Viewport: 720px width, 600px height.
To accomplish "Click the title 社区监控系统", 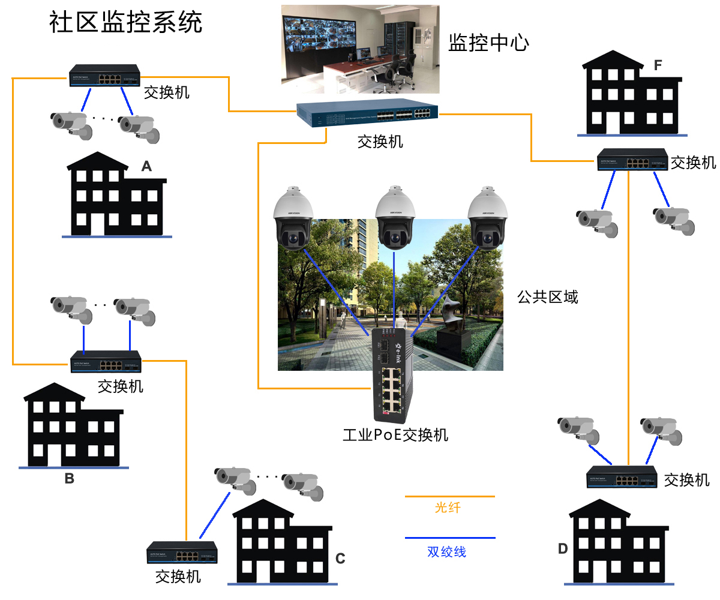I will [x=126, y=22].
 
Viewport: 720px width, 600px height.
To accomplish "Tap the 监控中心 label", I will [x=489, y=43].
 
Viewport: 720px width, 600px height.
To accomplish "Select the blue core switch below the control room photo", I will [x=367, y=113].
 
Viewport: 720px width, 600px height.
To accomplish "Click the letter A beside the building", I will [x=146, y=166].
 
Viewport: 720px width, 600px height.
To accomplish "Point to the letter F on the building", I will [x=658, y=65].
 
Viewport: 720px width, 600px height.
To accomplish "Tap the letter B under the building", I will [x=70, y=478].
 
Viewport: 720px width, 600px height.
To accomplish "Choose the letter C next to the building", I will [x=340, y=559].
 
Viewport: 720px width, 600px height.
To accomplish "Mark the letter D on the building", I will [x=562, y=548].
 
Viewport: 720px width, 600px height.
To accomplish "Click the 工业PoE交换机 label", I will [x=395, y=434].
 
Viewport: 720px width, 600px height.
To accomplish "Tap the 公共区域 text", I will [x=548, y=296].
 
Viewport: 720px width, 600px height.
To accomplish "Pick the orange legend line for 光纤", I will [x=450, y=497].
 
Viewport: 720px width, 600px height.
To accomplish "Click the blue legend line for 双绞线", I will [x=450, y=538].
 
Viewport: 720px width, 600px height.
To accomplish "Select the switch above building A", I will [x=104, y=76].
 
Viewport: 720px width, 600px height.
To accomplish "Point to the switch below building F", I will [x=632, y=160].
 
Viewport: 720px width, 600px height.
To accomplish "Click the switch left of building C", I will [x=182, y=552].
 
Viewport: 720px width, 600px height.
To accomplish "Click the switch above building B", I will [x=106, y=361].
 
